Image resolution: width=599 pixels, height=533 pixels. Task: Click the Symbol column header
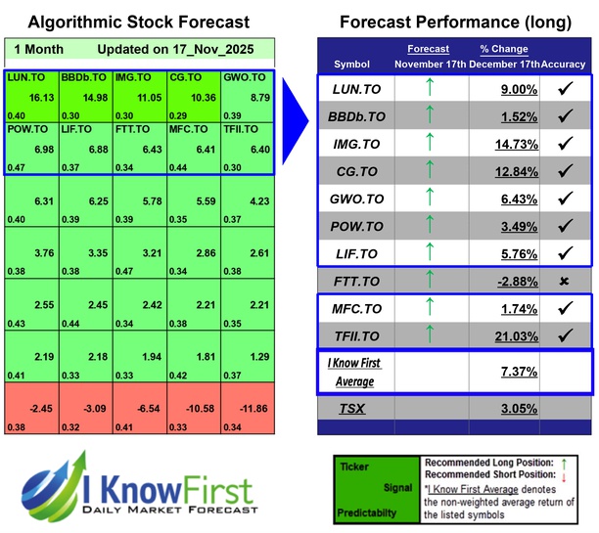[x=352, y=63]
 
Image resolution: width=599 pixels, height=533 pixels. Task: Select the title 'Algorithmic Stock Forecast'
[x=138, y=22]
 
